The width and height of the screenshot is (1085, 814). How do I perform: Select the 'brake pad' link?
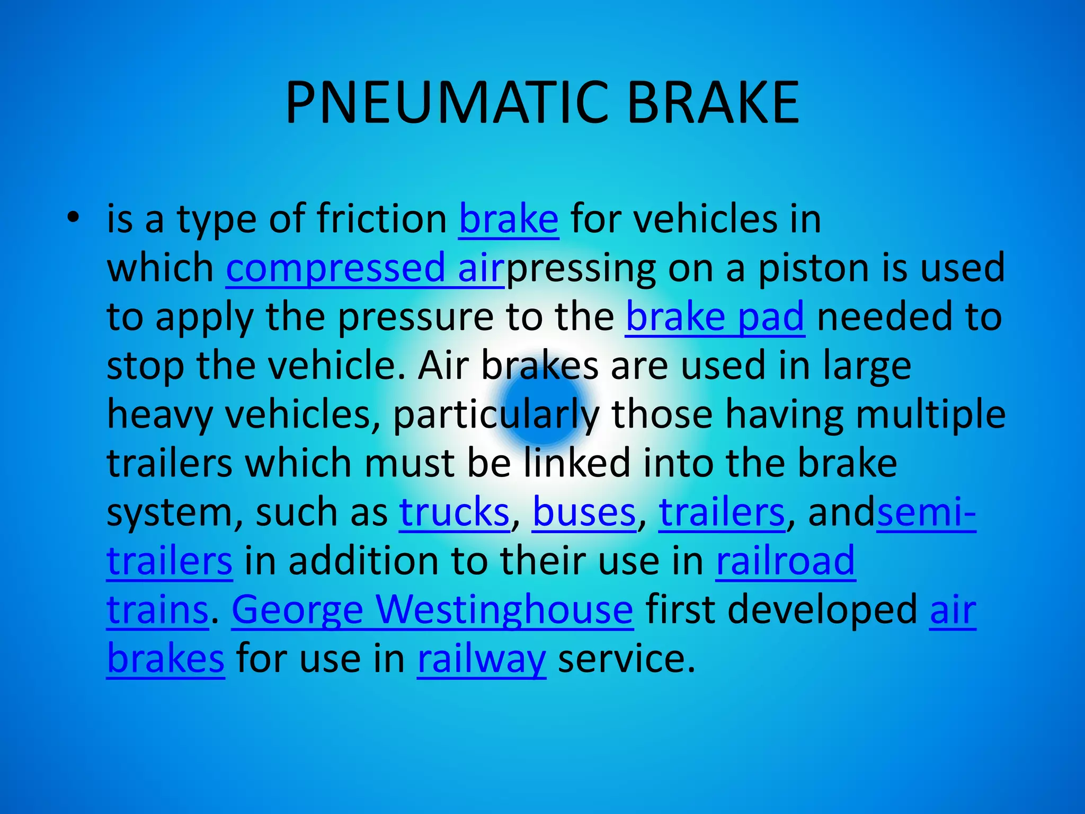click(x=715, y=317)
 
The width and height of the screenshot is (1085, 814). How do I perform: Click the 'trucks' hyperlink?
click(x=454, y=512)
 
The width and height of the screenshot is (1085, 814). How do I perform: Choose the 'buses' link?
click(x=584, y=512)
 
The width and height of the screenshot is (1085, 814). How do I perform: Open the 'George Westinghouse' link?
click(x=432, y=610)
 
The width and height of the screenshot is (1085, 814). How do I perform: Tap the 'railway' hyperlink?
click(x=481, y=659)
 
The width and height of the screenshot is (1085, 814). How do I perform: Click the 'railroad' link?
click(x=786, y=561)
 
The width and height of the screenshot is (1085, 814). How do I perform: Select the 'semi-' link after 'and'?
click(x=926, y=512)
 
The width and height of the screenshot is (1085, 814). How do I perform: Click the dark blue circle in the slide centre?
click(x=542, y=407)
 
